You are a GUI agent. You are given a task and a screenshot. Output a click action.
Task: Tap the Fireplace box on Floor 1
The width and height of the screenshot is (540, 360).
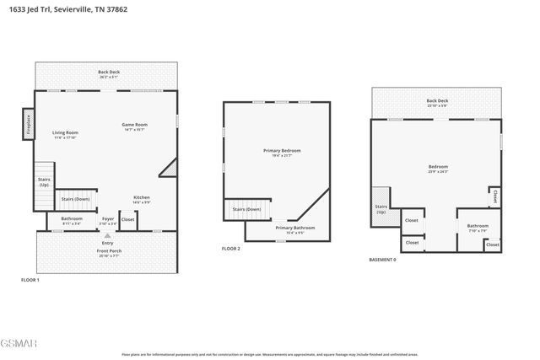click(x=29, y=124)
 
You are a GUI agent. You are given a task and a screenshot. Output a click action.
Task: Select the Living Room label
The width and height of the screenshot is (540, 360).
click(x=65, y=134)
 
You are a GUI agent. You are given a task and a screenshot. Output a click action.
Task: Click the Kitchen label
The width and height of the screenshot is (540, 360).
click(x=142, y=200)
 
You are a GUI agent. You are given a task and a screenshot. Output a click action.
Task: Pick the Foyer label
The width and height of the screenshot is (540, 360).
click(x=108, y=220)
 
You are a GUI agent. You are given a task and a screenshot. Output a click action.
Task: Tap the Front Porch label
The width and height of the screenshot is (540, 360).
click(x=108, y=252)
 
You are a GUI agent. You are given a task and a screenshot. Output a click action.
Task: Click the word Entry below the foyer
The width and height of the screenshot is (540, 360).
click(x=108, y=243)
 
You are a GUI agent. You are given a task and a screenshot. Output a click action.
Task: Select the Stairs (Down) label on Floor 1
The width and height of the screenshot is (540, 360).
click(x=76, y=200)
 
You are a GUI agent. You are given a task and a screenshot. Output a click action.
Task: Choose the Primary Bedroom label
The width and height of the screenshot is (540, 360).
click(x=281, y=153)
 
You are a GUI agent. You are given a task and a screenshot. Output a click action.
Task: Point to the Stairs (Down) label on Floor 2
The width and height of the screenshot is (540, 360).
click(x=246, y=208)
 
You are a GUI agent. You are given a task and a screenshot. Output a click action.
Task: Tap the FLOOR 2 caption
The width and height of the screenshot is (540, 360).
click(x=231, y=249)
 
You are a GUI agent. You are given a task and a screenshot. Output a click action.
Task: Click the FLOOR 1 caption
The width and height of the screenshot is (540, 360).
click(x=30, y=279)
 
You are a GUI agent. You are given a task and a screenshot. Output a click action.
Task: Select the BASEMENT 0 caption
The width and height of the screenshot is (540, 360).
click(x=382, y=260)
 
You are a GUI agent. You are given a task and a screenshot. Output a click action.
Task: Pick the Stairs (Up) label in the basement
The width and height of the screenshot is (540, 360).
click(x=380, y=208)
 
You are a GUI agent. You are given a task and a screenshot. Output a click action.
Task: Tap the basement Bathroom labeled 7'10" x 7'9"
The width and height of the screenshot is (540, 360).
click(x=478, y=227)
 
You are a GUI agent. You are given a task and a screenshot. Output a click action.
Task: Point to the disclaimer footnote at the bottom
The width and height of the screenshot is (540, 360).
click(x=269, y=354)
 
